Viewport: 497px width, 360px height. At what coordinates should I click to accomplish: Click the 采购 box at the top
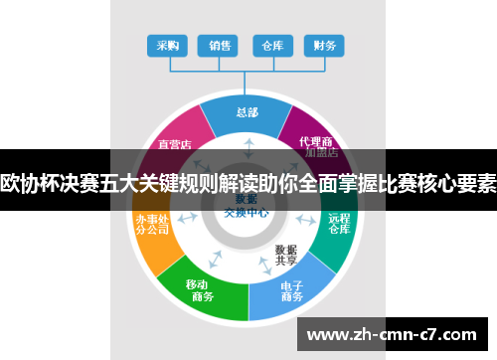coord(168,45)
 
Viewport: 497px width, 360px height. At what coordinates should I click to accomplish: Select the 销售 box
coord(220,45)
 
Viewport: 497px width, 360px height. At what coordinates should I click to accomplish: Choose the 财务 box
coord(323,45)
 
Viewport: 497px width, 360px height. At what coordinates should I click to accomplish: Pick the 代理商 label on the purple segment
coord(315,142)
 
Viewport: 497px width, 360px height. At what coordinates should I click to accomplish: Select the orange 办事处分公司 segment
coord(152,225)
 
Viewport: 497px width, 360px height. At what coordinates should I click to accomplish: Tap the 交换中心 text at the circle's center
coord(242,212)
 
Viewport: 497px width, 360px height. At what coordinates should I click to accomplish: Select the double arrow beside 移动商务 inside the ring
coord(215,258)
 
